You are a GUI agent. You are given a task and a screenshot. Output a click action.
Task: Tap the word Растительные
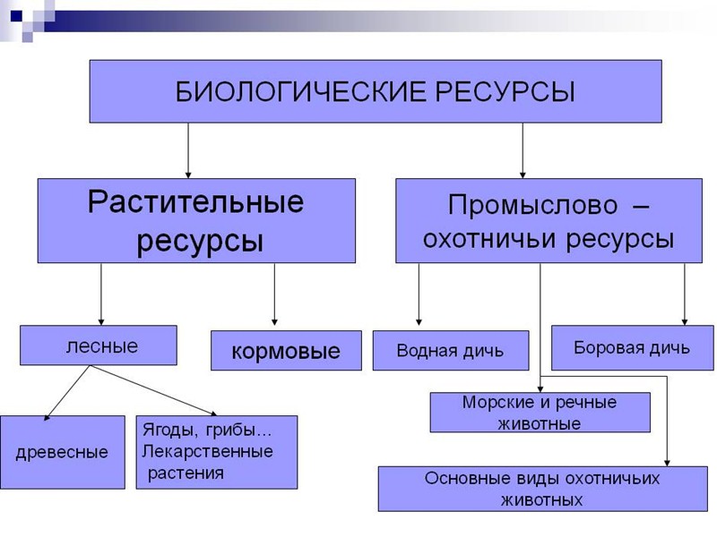point(195,201)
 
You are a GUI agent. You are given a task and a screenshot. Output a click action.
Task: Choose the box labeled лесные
point(99,346)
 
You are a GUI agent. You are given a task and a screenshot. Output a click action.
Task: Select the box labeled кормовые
point(286,351)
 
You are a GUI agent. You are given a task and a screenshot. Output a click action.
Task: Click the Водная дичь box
point(450,351)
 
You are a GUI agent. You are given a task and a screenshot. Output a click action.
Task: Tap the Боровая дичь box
point(632,347)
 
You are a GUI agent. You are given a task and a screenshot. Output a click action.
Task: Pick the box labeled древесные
point(62,452)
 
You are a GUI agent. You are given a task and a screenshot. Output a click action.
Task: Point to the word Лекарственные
point(208,451)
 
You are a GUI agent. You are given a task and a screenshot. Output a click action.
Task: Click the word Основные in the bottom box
point(468,478)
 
